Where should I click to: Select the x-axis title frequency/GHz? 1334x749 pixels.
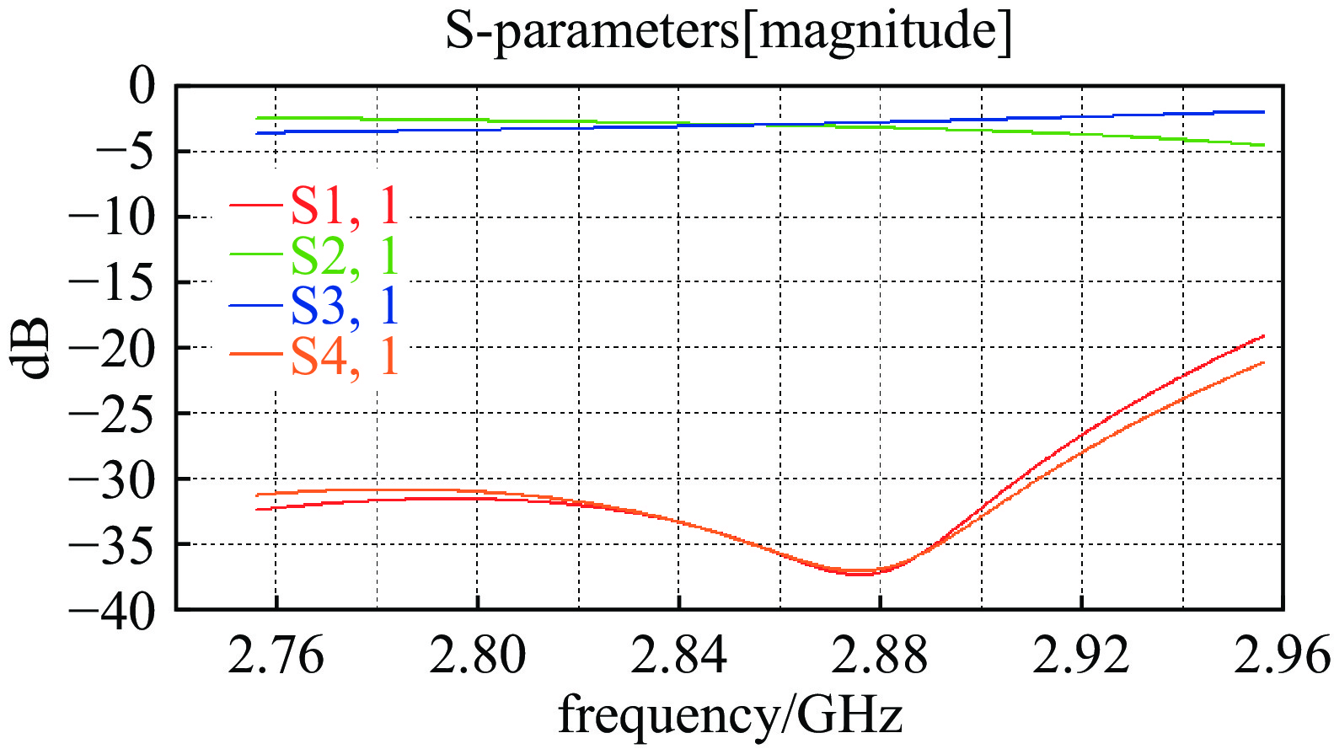[x=730, y=715]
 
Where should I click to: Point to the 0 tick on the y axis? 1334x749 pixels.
[x=141, y=86]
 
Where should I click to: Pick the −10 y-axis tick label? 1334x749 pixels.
[x=113, y=217]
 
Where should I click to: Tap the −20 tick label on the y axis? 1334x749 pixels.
[x=113, y=348]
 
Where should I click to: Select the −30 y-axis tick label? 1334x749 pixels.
[x=113, y=479]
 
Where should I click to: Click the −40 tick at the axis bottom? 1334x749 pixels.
[x=113, y=610]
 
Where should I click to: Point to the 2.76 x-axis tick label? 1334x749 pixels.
[x=276, y=655]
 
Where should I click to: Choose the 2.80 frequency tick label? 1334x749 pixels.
[x=477, y=655]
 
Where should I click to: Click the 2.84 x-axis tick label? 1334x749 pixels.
[x=678, y=655]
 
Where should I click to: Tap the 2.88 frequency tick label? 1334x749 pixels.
[x=880, y=655]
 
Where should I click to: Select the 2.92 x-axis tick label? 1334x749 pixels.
[x=1081, y=655]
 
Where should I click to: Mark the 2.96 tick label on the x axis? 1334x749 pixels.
[x=1282, y=655]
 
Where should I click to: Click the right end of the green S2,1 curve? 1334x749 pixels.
[x=1263, y=145]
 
